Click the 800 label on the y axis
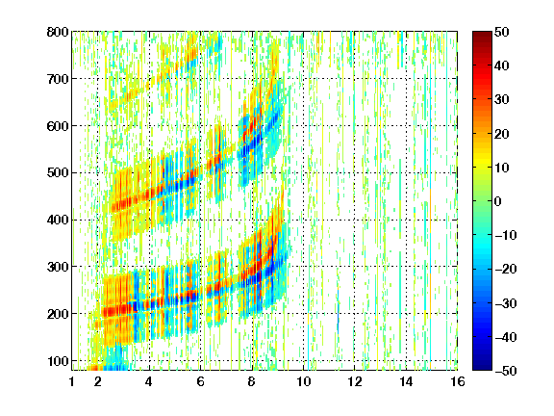tap(58, 32)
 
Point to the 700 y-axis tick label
tap(58, 79)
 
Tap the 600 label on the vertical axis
tap(58, 126)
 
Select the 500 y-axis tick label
tap(58, 173)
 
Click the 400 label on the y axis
tap(58, 220)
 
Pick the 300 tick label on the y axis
tap(58, 267)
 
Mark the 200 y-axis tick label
tap(58, 314)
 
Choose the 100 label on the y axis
tap(58, 361)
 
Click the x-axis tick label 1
tap(72, 381)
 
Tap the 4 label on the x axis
tap(149, 381)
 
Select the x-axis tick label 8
tap(252, 381)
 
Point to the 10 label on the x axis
tap(303, 381)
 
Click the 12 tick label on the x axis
tap(355, 381)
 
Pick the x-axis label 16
tap(458, 381)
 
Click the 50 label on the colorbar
tap(502, 32)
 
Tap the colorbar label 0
tap(498, 201)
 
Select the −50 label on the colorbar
tap(506, 371)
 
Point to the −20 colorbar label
tap(506, 269)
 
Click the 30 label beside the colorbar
tap(502, 99)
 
